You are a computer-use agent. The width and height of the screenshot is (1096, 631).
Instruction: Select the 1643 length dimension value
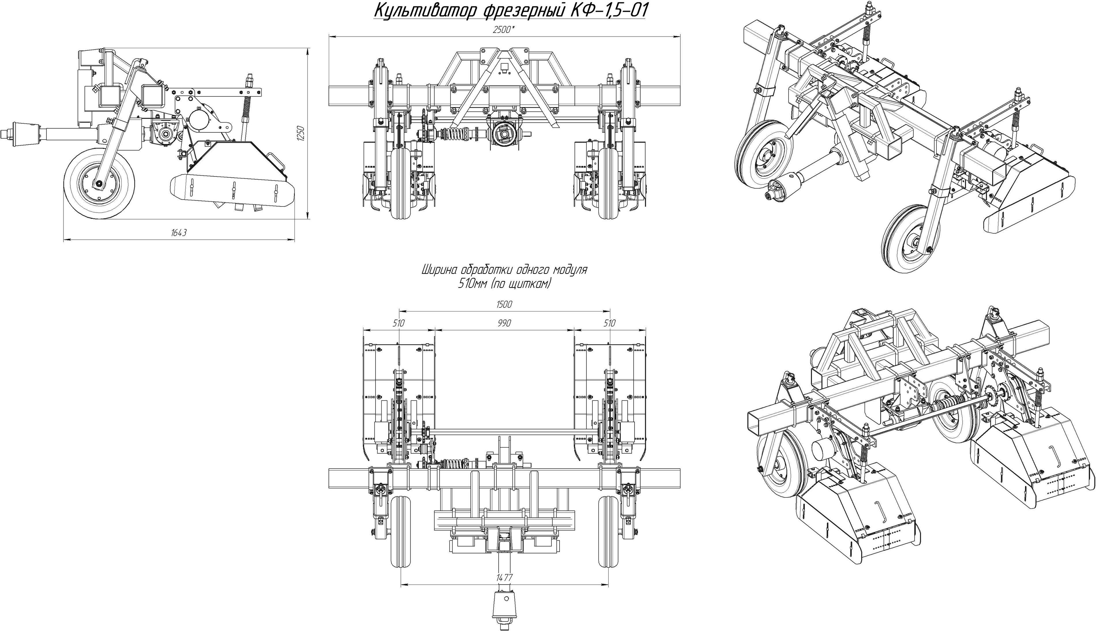click(179, 233)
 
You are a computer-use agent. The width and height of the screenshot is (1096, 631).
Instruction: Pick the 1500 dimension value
click(504, 305)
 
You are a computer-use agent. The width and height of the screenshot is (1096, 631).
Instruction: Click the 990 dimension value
click(504, 323)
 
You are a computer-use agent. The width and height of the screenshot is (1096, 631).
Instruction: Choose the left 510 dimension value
click(399, 323)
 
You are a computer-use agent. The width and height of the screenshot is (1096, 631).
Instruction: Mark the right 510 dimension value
click(609, 323)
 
